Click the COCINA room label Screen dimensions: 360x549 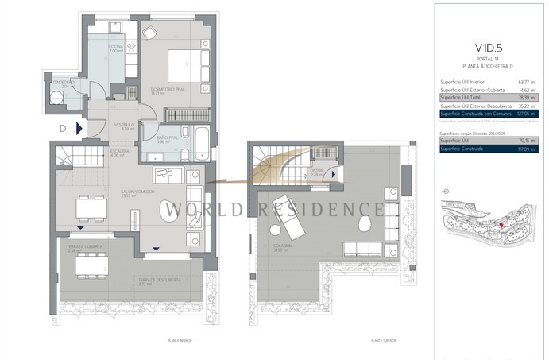coord(116,47)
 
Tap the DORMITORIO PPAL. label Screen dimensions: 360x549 coord(169,89)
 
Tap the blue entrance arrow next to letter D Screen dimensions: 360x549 coord(79,127)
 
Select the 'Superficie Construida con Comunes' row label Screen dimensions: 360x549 coord(474,114)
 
